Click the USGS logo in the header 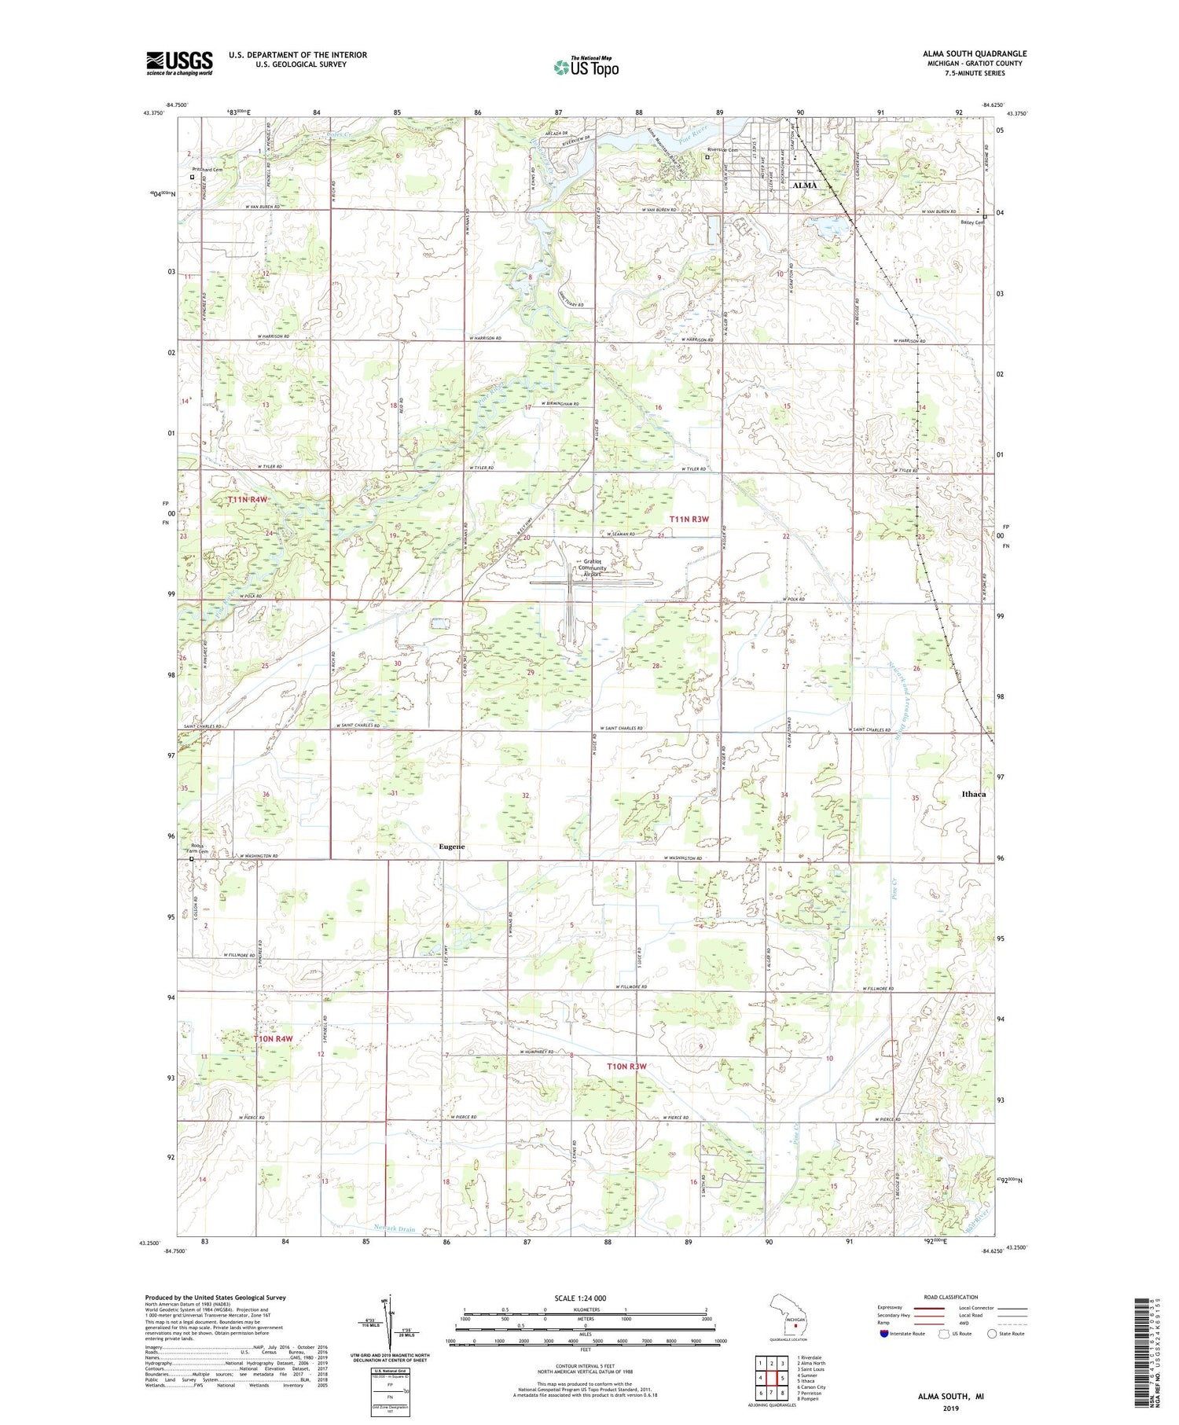tap(179, 63)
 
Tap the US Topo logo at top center tap(586, 68)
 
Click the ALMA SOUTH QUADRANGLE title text tap(975, 53)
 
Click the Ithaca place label tap(973, 794)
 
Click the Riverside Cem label tap(723, 149)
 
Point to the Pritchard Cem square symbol tap(192, 177)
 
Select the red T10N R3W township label tap(626, 1066)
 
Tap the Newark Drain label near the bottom tap(395, 1229)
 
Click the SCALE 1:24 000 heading tap(580, 1298)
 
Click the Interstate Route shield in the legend tap(884, 1334)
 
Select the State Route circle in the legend tap(992, 1333)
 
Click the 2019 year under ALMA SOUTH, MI tap(950, 1411)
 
